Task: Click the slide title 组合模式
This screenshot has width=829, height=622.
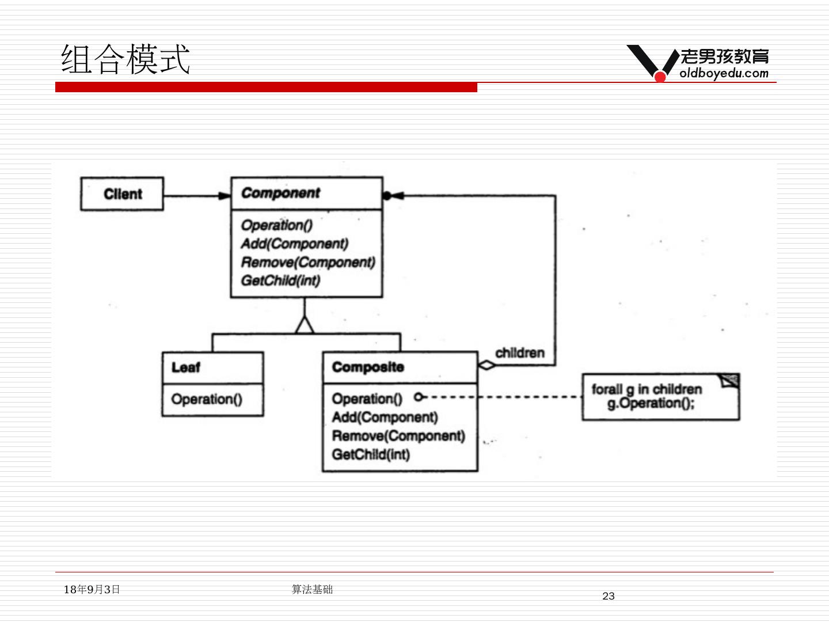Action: (x=126, y=59)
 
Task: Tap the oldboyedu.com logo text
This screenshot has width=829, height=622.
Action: (x=724, y=73)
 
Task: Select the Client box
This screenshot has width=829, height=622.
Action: (x=122, y=194)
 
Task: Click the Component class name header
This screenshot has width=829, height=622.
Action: (x=280, y=193)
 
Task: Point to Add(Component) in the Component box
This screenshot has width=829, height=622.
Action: (x=294, y=244)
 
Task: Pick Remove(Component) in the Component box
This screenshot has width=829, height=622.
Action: (x=307, y=263)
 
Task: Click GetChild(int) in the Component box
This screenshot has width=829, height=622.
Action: (x=280, y=281)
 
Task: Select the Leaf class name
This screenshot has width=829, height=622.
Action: (x=185, y=367)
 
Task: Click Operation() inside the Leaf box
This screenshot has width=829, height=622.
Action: (x=207, y=399)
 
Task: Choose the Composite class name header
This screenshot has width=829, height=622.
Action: (x=368, y=367)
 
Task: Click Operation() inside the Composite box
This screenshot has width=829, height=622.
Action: (x=367, y=399)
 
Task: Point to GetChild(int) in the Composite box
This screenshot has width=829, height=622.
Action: (x=371, y=454)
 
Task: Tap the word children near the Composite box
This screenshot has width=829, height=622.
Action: (x=519, y=352)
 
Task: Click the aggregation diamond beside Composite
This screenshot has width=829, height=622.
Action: (x=487, y=365)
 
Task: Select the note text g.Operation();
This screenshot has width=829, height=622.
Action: (x=651, y=403)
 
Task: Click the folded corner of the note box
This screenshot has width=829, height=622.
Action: (x=730, y=381)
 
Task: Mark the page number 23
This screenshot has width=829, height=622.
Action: (x=609, y=596)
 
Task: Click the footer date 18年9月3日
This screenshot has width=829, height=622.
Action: (x=92, y=589)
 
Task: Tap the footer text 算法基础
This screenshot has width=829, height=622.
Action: (x=312, y=589)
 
